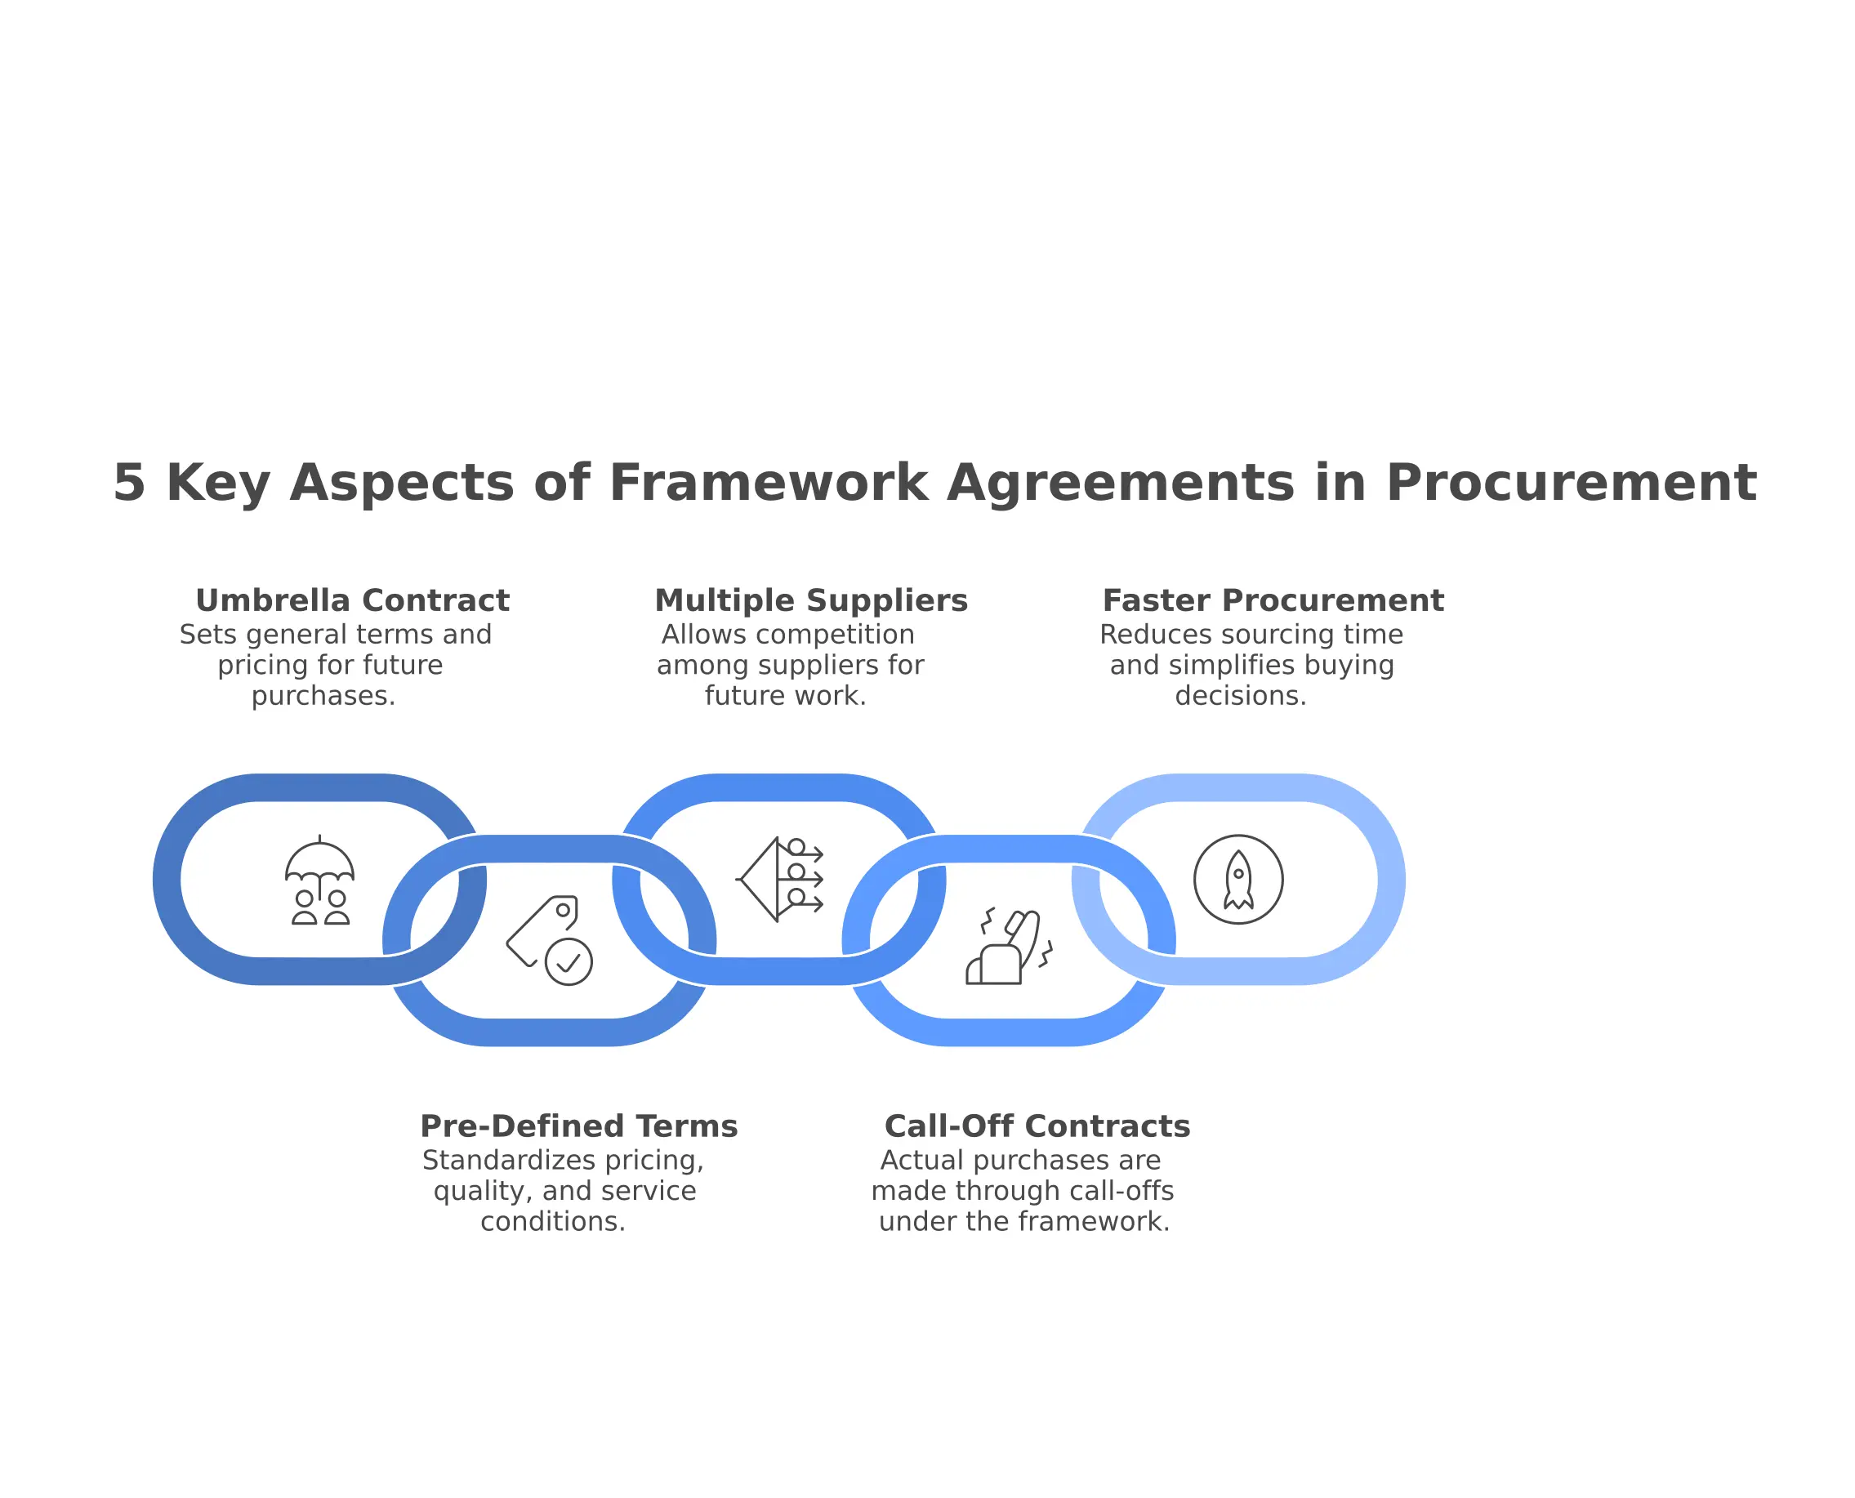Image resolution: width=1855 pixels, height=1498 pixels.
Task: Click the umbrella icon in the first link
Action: click(x=319, y=880)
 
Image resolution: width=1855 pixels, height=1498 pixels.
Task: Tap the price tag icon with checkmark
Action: click(x=550, y=941)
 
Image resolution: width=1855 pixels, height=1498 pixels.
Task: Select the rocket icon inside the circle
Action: click(x=1238, y=880)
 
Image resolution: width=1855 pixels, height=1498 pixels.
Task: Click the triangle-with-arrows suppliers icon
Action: click(x=779, y=880)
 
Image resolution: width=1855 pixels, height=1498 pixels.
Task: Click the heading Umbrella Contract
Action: click(x=352, y=600)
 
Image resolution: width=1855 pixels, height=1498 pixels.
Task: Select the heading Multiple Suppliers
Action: click(x=811, y=600)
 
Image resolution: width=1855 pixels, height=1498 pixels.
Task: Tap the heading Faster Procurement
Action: click(x=1273, y=600)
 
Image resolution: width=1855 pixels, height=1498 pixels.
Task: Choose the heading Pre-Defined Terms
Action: click(x=578, y=1126)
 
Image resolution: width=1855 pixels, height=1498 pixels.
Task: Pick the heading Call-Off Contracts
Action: click(x=1037, y=1126)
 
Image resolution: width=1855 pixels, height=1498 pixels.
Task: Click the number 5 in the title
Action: click(x=129, y=483)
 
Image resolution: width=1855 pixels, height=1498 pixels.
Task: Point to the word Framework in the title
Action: click(x=768, y=483)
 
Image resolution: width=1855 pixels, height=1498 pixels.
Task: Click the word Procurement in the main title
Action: click(x=1570, y=483)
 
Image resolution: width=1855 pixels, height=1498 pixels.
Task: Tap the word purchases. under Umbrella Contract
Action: click(x=323, y=696)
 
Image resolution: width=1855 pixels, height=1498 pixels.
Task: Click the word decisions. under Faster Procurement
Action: click(x=1241, y=696)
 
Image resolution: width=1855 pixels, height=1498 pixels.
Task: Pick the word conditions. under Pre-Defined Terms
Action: click(x=553, y=1221)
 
